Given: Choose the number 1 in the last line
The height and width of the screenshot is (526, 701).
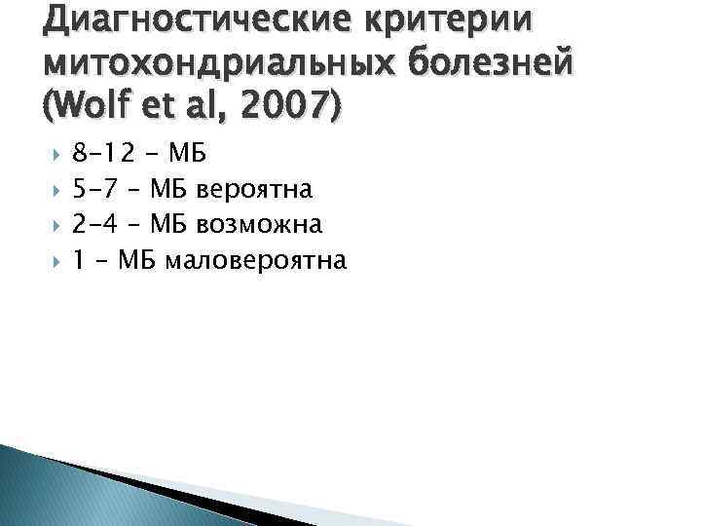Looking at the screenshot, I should pyautogui.click(x=79, y=261).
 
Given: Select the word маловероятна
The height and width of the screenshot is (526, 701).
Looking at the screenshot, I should pyautogui.click(x=256, y=261).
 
